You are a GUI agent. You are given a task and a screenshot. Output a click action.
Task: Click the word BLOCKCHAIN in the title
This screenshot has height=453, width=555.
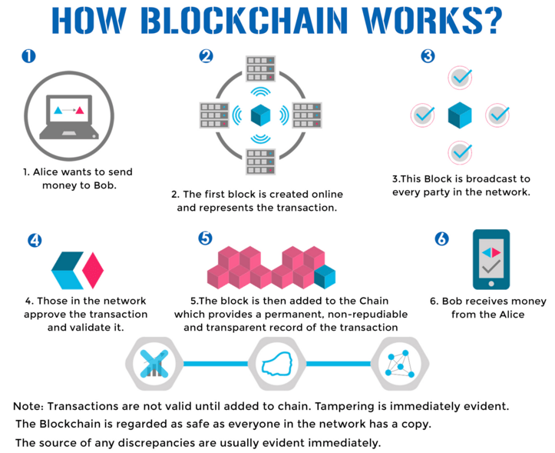pyautogui.click(x=245, y=21)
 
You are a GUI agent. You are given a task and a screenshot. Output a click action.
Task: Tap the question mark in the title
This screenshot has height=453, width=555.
pyautogui.click(x=491, y=21)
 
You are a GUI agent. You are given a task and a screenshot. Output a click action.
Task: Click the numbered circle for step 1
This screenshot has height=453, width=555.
pyautogui.click(x=28, y=56)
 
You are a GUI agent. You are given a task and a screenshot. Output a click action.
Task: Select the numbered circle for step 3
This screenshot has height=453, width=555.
pyautogui.click(x=428, y=56)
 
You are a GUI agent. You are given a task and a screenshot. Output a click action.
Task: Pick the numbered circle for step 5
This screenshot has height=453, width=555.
pyautogui.click(x=205, y=238)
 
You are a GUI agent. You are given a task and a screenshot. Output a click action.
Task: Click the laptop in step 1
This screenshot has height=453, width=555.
pyautogui.click(x=69, y=117)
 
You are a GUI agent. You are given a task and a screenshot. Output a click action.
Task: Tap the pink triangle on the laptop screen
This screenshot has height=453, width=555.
pyautogui.click(x=80, y=110)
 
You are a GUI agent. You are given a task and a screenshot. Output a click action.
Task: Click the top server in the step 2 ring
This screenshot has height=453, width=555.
pyautogui.click(x=260, y=68)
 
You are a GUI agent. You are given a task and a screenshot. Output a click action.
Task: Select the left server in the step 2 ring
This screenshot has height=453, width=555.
pyautogui.click(x=214, y=115)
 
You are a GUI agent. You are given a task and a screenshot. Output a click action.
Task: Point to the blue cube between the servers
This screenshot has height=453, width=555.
pyautogui.click(x=260, y=115)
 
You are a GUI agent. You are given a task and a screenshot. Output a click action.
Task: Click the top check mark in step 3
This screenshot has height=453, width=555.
pyautogui.click(x=461, y=78)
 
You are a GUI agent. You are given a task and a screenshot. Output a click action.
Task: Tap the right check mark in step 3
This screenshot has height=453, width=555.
pyautogui.click(x=497, y=115)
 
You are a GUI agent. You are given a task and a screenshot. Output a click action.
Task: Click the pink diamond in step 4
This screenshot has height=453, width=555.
pyautogui.click(x=93, y=270)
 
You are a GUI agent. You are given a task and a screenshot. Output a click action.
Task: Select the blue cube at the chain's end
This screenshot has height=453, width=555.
pyautogui.click(x=325, y=277)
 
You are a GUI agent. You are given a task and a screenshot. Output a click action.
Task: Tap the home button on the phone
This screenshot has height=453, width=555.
pyautogui.click(x=491, y=284)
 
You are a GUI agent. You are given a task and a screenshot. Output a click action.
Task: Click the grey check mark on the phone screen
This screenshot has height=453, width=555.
pyautogui.click(x=491, y=267)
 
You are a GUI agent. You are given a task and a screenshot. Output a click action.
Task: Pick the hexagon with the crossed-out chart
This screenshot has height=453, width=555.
pyautogui.click(x=154, y=364)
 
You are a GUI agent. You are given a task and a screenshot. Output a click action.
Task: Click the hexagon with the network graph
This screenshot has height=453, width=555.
pyautogui.click(x=400, y=364)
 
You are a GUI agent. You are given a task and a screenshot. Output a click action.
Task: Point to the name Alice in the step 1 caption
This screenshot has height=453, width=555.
pyautogui.click(x=45, y=172)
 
